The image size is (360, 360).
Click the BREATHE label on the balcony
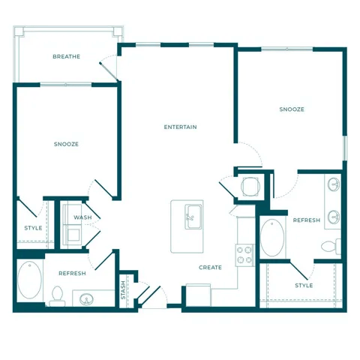tap(66, 57)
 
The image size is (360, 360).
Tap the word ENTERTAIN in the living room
tap(180, 127)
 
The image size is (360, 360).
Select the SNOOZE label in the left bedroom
tap(66, 143)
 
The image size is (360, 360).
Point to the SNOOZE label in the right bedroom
tap(292, 109)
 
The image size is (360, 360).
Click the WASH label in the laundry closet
tap(82, 217)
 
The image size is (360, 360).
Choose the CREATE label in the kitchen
tap(210, 267)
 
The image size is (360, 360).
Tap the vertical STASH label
tap(123, 290)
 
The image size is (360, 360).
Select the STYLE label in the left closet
tap(33, 228)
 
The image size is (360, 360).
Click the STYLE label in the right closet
tap(304, 285)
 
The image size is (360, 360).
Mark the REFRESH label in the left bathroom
tap(72, 274)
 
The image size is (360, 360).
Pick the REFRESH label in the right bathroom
tap(307, 220)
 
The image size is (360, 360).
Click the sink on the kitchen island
tap(193, 215)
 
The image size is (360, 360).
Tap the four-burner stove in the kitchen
tap(244, 255)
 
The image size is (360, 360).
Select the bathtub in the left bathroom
tap(29, 280)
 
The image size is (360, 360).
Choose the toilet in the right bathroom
tap(330, 245)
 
